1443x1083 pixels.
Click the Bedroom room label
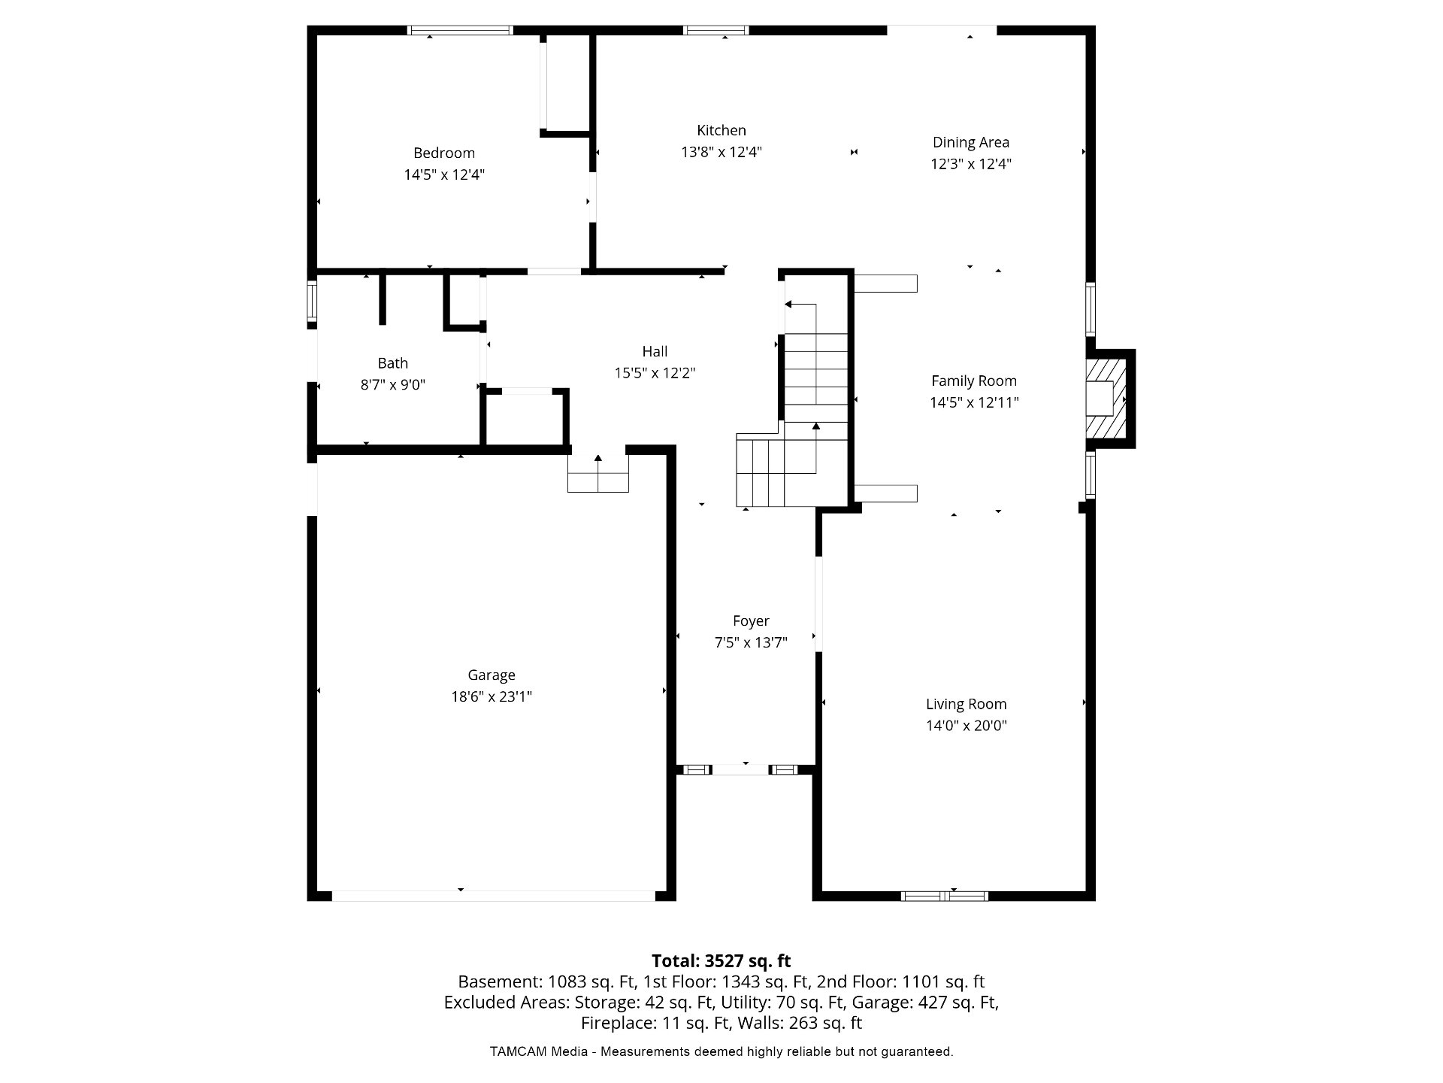click(443, 153)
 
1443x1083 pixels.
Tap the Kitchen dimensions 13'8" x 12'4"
click(721, 152)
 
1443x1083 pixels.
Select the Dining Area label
click(971, 142)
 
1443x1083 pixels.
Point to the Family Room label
click(974, 381)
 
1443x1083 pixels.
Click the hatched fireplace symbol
click(1109, 399)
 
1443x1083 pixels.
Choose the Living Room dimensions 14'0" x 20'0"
click(967, 726)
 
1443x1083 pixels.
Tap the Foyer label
click(751, 620)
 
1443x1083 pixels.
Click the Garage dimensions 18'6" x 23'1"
click(492, 696)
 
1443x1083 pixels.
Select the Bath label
click(392, 363)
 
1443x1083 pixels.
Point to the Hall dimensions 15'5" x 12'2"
click(655, 373)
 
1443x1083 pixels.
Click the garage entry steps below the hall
click(598, 474)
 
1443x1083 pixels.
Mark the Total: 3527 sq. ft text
click(721, 960)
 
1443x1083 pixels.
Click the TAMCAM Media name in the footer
click(539, 1051)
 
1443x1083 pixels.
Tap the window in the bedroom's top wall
click(460, 30)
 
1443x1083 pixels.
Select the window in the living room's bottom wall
click(945, 896)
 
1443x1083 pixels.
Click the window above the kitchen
click(716, 30)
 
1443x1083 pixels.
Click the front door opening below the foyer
click(740, 769)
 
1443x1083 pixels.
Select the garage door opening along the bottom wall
click(494, 896)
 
